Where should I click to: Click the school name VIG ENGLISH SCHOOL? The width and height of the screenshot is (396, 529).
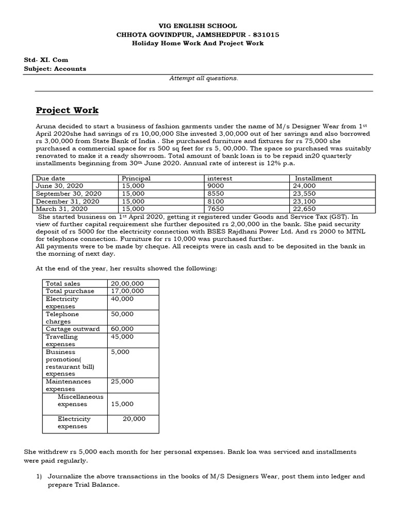(198, 25)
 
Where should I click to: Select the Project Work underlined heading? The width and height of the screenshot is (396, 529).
(67, 111)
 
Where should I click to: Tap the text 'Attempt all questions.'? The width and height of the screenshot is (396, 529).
(204, 78)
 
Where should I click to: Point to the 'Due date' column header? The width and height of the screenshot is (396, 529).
(50, 178)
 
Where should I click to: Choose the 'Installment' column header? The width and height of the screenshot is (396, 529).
(313, 178)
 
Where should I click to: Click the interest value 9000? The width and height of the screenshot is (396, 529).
(215, 186)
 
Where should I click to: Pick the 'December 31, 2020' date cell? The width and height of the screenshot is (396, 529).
(67, 201)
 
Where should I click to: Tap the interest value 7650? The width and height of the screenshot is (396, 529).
(215, 209)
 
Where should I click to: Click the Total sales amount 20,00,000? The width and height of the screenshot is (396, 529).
(127, 284)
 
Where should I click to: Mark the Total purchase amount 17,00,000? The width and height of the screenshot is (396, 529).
(127, 291)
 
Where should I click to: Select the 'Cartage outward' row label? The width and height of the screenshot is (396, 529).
(75, 329)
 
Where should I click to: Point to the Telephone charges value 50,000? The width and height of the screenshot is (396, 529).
(122, 314)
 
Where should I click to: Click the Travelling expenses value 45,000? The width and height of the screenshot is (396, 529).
(122, 337)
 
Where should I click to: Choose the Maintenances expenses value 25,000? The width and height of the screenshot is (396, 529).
(122, 382)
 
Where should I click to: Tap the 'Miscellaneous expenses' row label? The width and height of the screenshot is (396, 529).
(80, 400)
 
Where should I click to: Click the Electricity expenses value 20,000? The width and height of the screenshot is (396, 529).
(134, 419)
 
